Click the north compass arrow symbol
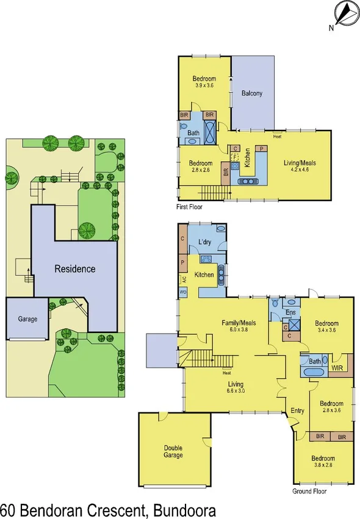(x=343, y=13)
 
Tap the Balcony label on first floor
(x=251, y=93)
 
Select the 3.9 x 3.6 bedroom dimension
(x=204, y=86)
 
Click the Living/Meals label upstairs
(x=300, y=163)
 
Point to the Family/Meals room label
(x=238, y=323)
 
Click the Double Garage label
(x=173, y=451)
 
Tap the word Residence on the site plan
(x=74, y=268)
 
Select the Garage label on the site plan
(x=27, y=319)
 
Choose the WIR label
(x=337, y=368)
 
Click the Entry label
(x=297, y=410)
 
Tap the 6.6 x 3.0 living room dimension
(x=235, y=392)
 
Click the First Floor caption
(x=189, y=207)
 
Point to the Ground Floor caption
(x=309, y=491)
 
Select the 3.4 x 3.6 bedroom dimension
(x=326, y=332)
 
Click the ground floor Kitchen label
(x=204, y=274)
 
